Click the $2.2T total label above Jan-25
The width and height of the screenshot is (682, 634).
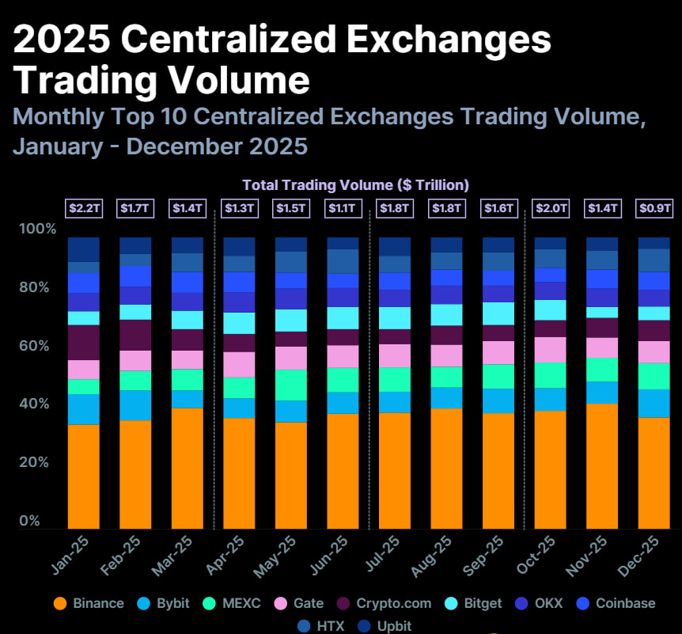click(x=83, y=209)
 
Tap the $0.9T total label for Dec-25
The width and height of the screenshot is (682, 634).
click(x=654, y=209)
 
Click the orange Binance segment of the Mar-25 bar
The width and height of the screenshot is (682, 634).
click(x=187, y=468)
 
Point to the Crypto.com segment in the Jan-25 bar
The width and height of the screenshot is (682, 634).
click(x=83, y=342)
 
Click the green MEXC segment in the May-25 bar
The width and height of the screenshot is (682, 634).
click(x=290, y=385)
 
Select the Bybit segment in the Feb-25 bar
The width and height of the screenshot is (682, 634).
click(x=135, y=405)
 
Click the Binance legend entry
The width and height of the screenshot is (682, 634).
click(x=88, y=603)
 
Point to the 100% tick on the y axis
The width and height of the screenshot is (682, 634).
click(x=38, y=229)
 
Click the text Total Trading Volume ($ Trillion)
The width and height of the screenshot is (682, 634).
click(x=355, y=184)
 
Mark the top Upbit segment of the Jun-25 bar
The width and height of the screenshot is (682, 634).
click(x=343, y=243)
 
